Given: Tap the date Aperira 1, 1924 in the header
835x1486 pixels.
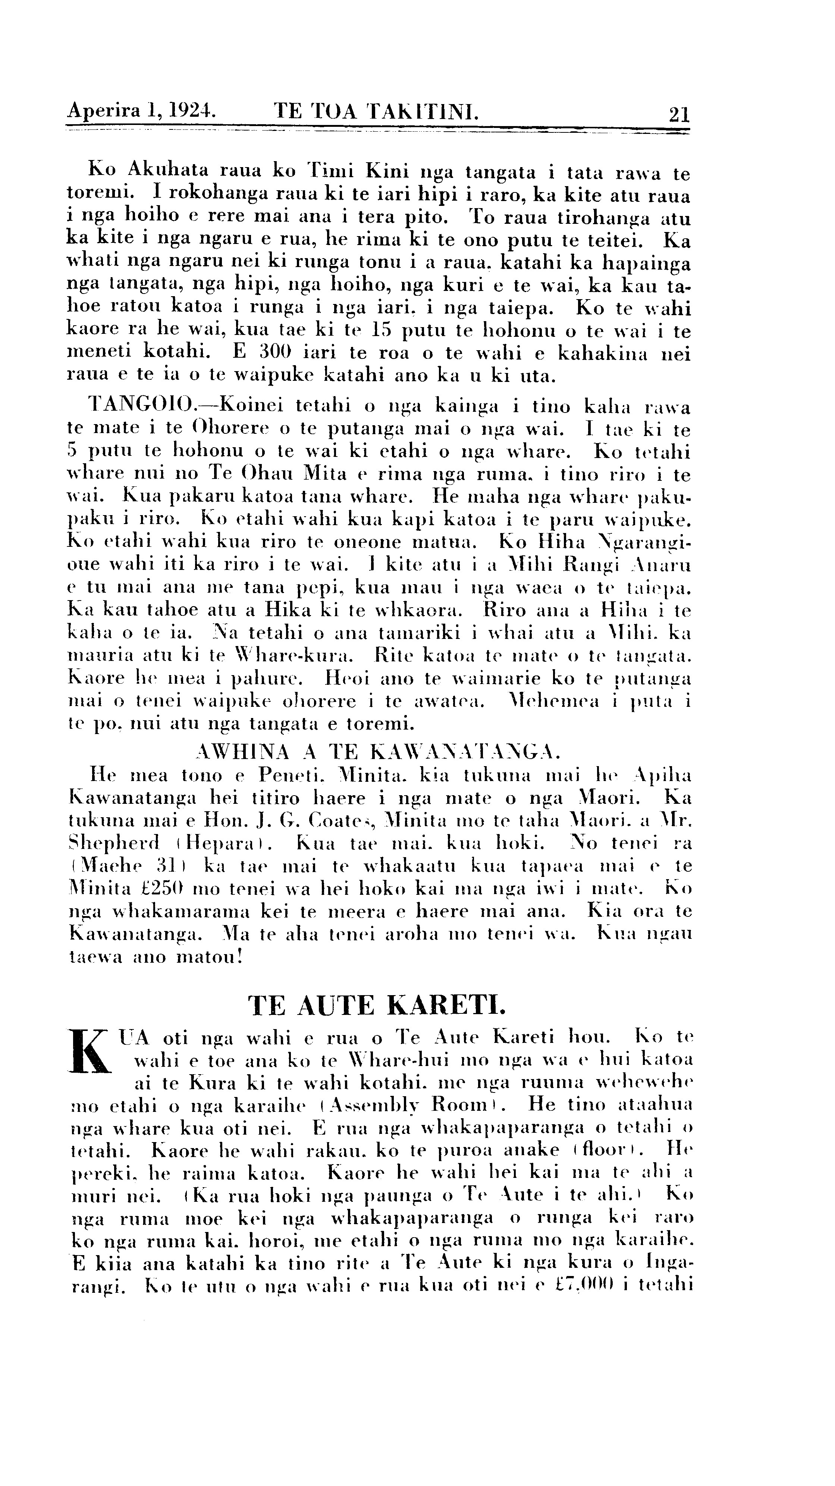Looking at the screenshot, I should (142, 110).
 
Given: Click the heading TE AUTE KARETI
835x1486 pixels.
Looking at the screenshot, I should (377, 1006).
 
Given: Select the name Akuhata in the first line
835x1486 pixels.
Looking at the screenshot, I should (172, 171).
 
